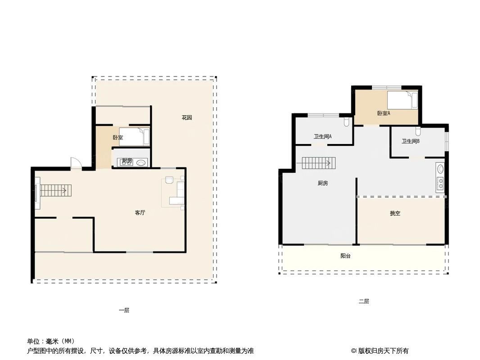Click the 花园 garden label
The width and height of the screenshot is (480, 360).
(x=187, y=118)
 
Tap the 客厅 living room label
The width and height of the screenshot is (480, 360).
(x=140, y=213)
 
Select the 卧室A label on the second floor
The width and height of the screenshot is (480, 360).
(x=384, y=113)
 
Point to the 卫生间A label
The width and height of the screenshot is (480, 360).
(x=323, y=136)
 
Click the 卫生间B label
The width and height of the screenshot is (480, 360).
(x=411, y=141)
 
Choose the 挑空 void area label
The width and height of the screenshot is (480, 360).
(x=395, y=213)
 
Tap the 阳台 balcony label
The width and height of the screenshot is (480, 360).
(x=345, y=256)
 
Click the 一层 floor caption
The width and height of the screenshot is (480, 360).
(x=124, y=310)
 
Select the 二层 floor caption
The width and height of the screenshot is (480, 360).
(x=364, y=301)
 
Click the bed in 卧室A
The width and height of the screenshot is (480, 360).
(x=403, y=99)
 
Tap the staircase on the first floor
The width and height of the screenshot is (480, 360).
(x=53, y=191)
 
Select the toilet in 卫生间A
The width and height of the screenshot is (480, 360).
(x=346, y=121)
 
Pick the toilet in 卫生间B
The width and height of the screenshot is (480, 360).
(x=418, y=131)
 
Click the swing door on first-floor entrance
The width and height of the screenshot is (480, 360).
(x=75, y=163)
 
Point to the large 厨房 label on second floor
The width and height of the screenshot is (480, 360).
(x=322, y=183)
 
